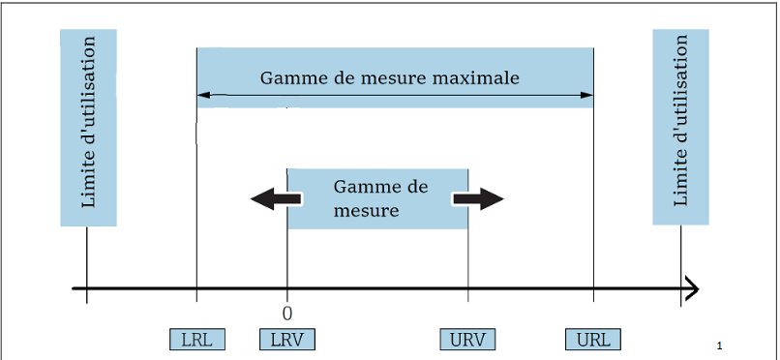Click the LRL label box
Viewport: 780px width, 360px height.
tap(196, 340)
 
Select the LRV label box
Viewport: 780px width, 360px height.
tap(287, 340)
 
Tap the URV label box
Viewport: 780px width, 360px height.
tap(468, 340)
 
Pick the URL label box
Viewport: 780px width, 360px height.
tap(593, 340)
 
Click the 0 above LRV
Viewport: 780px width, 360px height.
tap(287, 314)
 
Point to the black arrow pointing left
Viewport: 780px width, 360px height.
tap(275, 199)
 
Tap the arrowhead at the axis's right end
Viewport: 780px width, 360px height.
tap(692, 288)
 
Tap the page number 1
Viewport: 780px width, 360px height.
tap(721, 345)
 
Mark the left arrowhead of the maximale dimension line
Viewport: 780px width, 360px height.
tap(201, 95)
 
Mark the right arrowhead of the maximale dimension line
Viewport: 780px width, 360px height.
tap(588, 95)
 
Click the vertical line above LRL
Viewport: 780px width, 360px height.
tap(196, 194)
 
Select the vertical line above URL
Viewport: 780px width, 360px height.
tap(593, 194)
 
